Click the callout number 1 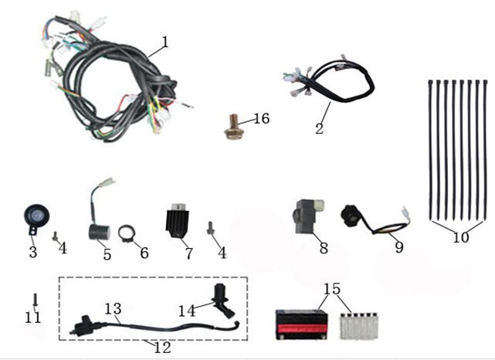164,39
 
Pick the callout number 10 460,238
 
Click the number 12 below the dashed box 161,347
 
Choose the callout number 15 331,289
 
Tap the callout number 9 398,248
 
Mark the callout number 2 319,127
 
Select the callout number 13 113,309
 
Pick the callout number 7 188,253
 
